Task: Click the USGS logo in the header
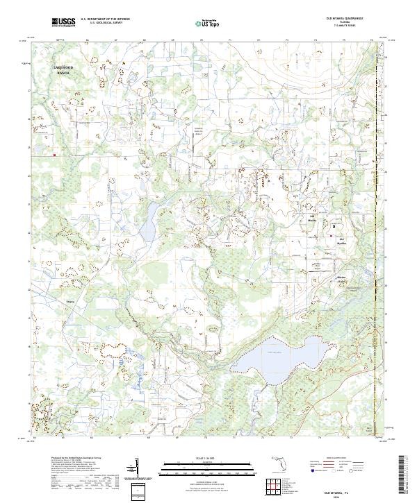tap(63, 23)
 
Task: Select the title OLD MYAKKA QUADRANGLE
tap(344, 19)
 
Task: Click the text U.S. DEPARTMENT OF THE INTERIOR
tap(105, 19)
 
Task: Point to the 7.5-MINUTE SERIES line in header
tap(344, 27)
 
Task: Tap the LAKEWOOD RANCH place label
tap(64, 69)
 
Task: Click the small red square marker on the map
tap(54, 155)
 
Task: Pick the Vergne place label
tap(69, 302)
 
